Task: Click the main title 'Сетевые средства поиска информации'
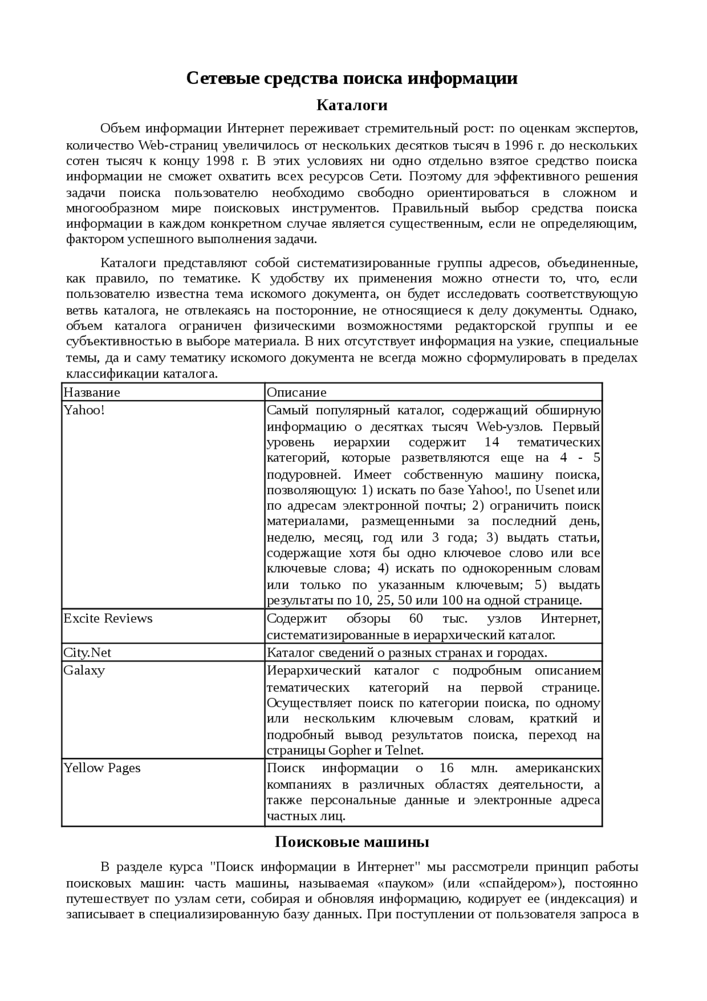point(352,78)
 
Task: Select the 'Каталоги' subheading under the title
point(352,105)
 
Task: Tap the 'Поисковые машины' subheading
point(352,842)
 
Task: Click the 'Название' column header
point(92,392)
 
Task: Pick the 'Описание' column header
point(297,392)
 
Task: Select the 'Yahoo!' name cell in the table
point(84,410)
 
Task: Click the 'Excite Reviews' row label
point(108,618)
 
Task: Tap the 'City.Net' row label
point(87,652)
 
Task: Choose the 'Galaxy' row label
point(84,670)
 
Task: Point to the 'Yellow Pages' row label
point(102,768)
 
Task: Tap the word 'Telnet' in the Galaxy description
point(404,751)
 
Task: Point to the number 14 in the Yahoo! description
point(492,442)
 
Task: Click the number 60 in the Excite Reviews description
point(416,618)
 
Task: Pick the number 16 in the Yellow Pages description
point(446,768)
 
